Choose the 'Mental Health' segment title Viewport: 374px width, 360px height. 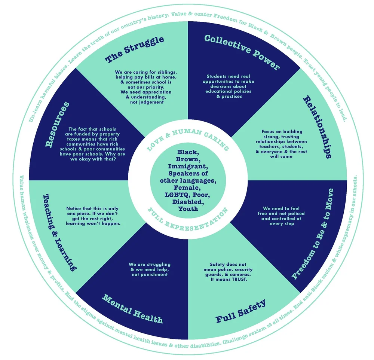pos(133,309)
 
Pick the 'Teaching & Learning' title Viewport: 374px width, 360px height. pos(60,232)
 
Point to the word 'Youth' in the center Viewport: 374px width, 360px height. pos(188,209)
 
